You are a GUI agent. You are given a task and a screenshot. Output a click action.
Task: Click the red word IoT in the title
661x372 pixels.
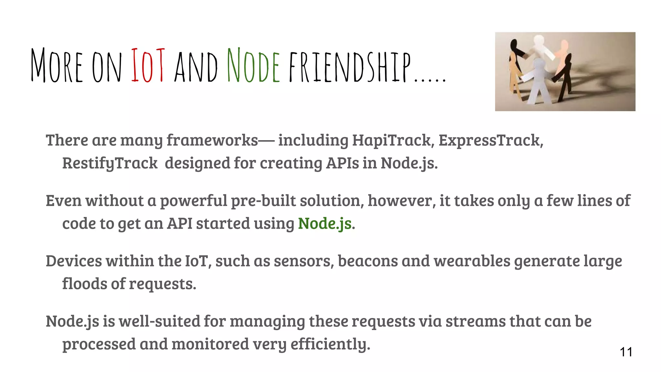click(148, 65)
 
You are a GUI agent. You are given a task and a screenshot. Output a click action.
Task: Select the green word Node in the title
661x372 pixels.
click(253, 65)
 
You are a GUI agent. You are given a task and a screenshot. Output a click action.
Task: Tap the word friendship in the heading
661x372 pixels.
click(350, 67)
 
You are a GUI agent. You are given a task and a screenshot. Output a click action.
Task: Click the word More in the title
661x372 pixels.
click(57, 65)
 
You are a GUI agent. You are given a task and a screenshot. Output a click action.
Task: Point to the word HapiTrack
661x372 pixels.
click(392, 140)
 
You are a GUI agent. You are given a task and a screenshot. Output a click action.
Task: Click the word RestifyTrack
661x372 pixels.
click(110, 163)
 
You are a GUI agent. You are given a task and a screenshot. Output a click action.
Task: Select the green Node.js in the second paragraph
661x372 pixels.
click(325, 223)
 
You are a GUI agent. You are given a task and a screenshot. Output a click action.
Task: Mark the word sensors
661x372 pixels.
click(303, 261)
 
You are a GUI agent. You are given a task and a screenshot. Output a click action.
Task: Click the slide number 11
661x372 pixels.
click(626, 352)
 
